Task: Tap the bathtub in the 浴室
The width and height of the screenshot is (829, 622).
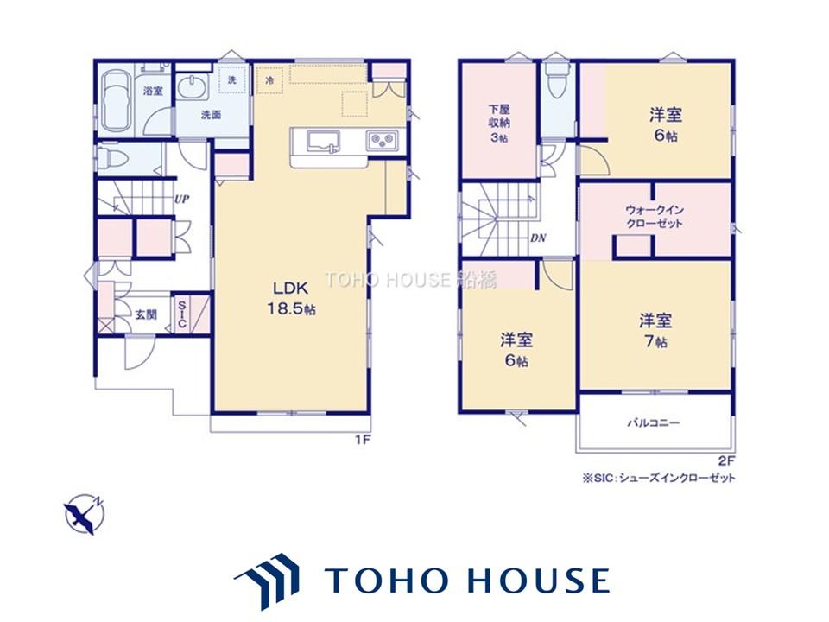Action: pos(116,100)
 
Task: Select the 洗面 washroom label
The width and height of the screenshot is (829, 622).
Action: pos(211,115)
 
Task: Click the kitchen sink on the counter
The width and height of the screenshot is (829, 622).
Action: pos(324,141)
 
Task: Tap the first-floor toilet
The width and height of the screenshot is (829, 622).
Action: pos(111,157)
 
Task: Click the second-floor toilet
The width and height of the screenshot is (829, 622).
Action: pos(554,84)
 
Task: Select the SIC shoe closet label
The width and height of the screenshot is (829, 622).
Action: pos(181,314)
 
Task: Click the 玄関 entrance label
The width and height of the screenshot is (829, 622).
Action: pos(146,314)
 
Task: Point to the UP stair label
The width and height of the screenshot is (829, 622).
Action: pos(182,200)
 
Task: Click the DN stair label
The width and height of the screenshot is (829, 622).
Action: pos(538,238)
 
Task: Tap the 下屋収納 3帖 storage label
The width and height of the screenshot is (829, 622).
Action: pos(498,124)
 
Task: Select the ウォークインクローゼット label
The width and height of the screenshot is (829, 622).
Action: pos(654,216)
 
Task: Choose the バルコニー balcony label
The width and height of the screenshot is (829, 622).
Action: pos(654,422)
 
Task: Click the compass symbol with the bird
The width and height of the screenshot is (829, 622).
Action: pos(85,513)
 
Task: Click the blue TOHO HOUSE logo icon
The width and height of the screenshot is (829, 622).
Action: pos(267,580)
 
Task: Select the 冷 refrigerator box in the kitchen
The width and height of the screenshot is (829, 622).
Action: pos(269,81)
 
